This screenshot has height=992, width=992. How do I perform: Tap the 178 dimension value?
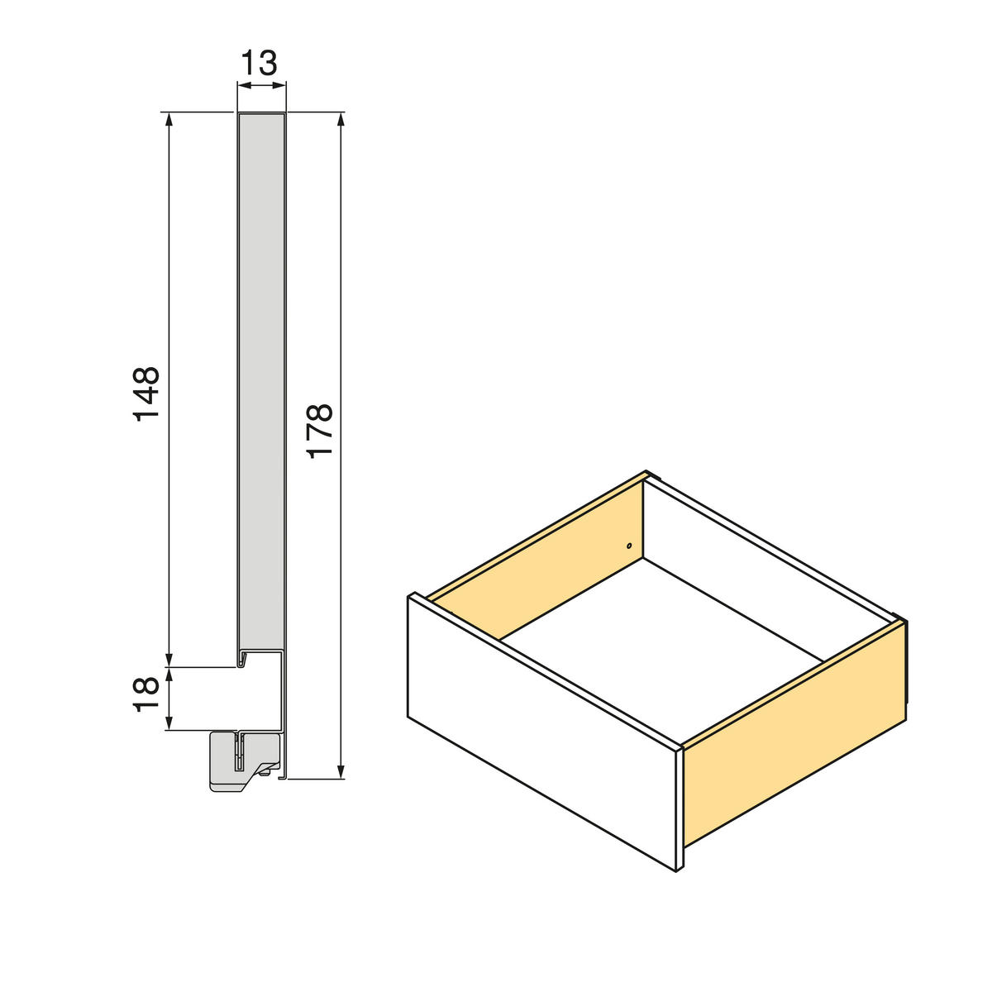coord(319,430)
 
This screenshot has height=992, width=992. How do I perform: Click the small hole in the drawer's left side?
coord(628,546)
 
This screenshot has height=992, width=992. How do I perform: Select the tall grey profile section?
coord(262,380)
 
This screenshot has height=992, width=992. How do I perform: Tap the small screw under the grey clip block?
coord(264,774)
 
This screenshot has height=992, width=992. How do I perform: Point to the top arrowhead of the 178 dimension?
coord(341,119)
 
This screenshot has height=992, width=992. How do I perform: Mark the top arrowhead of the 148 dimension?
coord(169,119)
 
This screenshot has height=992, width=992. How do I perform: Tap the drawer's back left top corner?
coord(647,476)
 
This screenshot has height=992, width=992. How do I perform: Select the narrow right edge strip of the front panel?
coord(680,810)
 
